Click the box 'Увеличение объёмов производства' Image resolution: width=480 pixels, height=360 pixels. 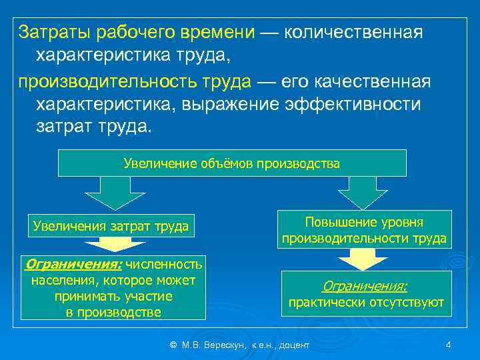coord(232,163)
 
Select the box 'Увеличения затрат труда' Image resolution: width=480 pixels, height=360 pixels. coord(110,227)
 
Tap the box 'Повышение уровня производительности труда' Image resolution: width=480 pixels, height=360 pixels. coord(364,229)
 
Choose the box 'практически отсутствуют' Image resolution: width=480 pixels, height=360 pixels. coord(365,294)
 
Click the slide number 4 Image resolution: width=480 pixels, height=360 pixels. coord(449,345)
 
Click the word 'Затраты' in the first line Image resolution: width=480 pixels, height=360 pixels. coord(55,32)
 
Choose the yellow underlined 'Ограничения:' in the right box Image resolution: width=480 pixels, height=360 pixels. coord(365,285)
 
